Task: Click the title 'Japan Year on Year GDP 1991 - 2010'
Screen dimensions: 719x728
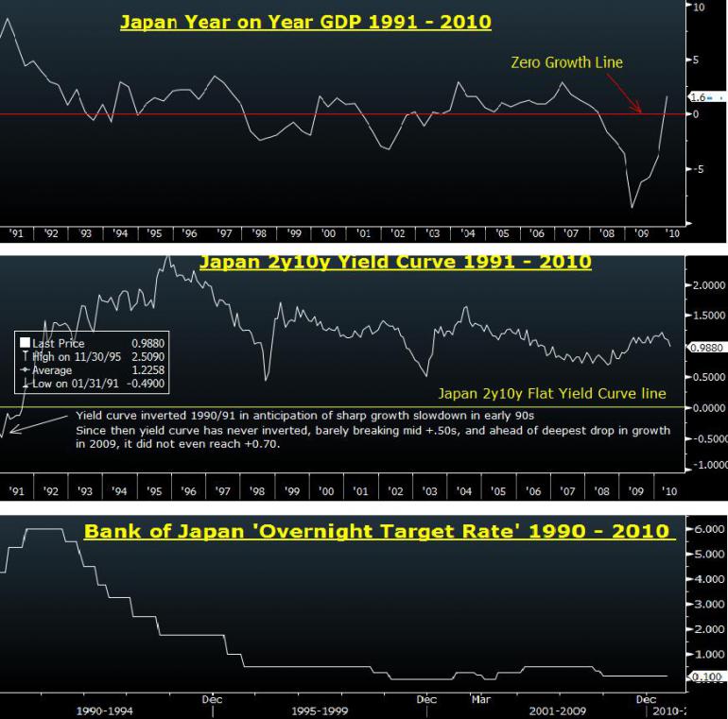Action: click(x=305, y=21)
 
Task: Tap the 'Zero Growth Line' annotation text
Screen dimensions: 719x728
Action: click(x=566, y=62)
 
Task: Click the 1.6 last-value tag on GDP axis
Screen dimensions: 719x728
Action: click(x=697, y=97)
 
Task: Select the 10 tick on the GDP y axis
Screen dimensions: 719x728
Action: click(x=699, y=7)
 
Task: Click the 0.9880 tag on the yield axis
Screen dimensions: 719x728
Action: click(x=704, y=348)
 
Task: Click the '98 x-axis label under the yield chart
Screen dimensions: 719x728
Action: click(x=258, y=491)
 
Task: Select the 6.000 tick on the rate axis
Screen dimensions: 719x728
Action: click(x=703, y=530)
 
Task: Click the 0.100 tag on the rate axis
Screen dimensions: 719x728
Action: click(x=704, y=676)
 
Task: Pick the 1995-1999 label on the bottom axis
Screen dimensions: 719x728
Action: click(x=319, y=710)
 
